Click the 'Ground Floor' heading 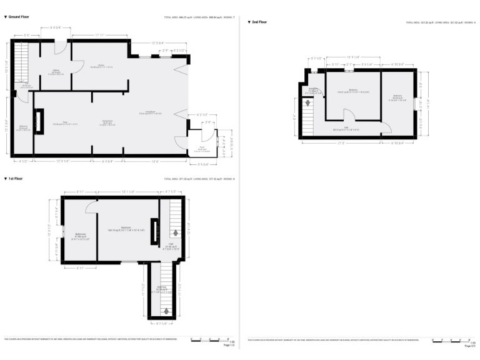19,17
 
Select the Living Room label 150,113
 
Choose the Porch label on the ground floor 201,149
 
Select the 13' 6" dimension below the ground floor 154,162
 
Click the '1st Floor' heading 16,179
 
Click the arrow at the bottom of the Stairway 166,310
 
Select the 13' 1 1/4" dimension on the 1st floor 127,191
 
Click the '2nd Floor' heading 259,22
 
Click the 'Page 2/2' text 470,346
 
